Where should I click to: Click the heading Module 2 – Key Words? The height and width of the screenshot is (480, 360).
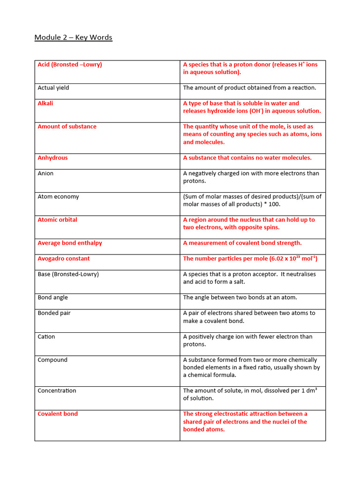pos(73,37)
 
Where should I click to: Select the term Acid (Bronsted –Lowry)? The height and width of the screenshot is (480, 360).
pos(70,65)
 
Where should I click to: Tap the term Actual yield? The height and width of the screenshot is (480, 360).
pos(53,88)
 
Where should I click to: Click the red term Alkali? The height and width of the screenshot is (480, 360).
pos(45,103)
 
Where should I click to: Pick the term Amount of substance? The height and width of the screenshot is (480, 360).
pos(67,127)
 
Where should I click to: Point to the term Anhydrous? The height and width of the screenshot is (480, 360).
pos(52,158)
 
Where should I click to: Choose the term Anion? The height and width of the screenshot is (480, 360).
pos(45,173)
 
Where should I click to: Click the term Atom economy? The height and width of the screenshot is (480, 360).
pos(58,197)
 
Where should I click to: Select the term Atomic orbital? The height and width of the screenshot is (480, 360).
pos(58,220)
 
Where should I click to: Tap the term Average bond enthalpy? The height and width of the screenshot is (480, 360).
pos(70,243)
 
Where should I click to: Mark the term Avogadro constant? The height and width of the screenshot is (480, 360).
pos(64,259)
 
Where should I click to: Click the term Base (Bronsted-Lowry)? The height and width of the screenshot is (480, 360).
pos(68,274)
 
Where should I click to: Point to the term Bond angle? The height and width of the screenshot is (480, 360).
pos(53,298)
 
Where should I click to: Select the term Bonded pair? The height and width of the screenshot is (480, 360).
pos(54,313)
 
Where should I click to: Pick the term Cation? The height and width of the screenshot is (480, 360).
pos(46,337)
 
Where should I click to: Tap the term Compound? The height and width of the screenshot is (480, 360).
pos(52,360)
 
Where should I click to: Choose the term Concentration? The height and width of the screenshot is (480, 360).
pos(57,391)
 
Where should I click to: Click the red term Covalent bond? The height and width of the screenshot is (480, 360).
pos(58,414)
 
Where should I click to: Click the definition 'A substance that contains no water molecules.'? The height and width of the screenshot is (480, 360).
pos(247,158)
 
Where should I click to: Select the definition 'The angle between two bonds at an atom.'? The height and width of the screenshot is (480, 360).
pos(240,298)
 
